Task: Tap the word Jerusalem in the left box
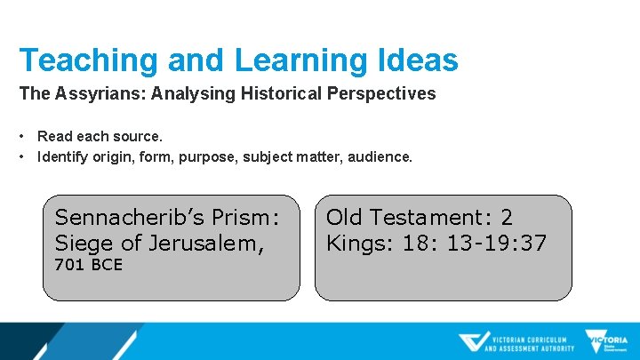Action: [x=207, y=243]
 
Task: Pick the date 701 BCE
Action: [x=88, y=265]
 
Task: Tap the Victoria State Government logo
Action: [x=605, y=342]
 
